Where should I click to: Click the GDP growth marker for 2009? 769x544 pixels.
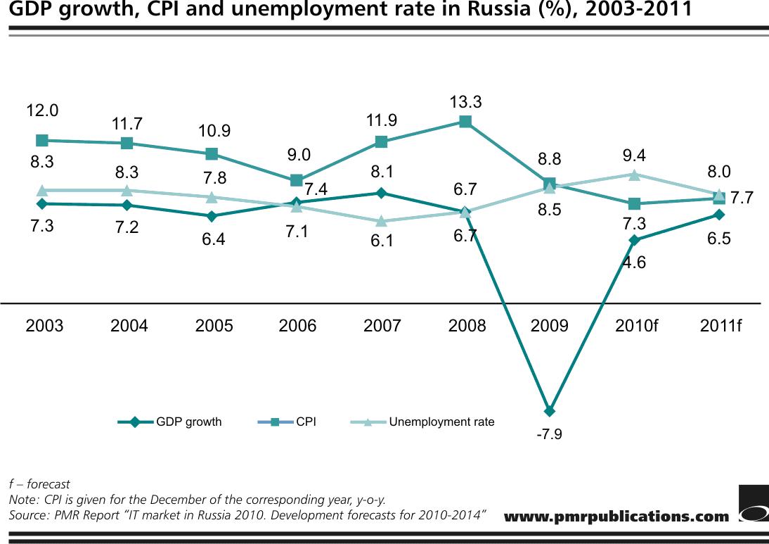550,411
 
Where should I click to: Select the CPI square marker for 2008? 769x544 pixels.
465,122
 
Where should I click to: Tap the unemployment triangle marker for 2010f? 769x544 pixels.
634,175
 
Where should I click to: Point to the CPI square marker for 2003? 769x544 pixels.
42,140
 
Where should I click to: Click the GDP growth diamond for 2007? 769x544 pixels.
381,193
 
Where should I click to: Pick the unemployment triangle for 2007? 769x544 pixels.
381,222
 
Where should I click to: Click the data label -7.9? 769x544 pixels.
549,434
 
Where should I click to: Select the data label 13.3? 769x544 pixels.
465,103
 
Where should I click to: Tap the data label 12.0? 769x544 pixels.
42,110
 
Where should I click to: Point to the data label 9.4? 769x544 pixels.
634,156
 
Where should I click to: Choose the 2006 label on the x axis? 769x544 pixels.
297,326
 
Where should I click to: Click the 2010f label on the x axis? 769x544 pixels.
636,326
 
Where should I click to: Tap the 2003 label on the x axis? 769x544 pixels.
44,326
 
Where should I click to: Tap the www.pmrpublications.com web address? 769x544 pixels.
616,517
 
